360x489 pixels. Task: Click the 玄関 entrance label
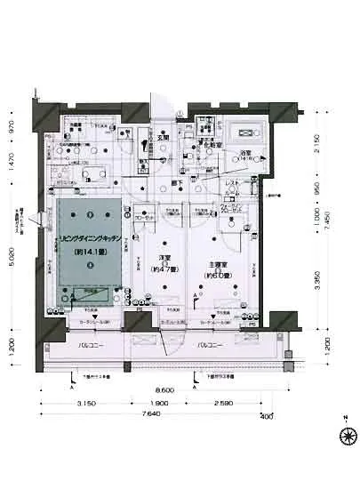coord(164,138)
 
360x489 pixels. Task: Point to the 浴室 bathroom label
coord(243,154)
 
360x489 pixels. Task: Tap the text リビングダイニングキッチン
coord(88,240)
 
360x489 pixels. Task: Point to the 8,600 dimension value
coord(164,390)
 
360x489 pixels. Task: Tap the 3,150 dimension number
coord(86,405)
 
